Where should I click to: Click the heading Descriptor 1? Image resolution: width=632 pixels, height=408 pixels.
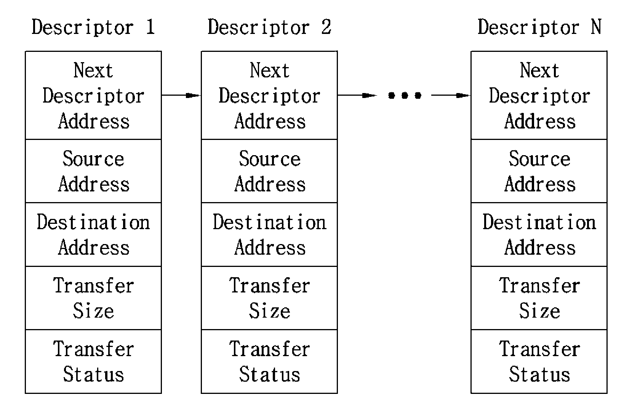click(93, 27)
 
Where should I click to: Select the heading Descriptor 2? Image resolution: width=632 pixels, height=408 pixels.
click(269, 27)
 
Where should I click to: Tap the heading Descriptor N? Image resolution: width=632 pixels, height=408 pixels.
click(539, 27)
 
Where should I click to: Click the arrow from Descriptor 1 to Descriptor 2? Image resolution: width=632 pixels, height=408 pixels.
click(181, 95)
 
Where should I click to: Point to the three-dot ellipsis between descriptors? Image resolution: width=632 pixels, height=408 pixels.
click(405, 95)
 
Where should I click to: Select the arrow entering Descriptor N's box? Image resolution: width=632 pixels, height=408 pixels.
click(451, 95)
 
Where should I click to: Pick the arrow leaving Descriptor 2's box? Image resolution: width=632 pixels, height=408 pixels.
click(357, 95)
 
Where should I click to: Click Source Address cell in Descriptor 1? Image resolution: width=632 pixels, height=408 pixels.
click(93, 171)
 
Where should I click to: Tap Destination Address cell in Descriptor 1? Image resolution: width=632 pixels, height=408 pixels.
click(93, 235)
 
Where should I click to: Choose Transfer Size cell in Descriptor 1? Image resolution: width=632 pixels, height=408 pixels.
click(93, 298)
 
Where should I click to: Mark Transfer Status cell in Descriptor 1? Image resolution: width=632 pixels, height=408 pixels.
click(93, 361)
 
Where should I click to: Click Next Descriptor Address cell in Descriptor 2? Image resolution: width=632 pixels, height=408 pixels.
click(269, 95)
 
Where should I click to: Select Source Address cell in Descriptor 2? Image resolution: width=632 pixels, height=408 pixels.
click(269, 171)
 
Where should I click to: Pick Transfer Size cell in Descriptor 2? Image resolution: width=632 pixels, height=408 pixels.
click(269, 298)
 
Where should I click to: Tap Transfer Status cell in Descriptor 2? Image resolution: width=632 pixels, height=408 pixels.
click(269, 361)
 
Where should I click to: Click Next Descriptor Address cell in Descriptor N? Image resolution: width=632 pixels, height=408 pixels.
click(539, 95)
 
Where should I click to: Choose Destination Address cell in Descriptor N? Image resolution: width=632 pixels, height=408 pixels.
click(539, 235)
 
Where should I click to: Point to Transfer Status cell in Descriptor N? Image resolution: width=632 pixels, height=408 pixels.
click(539, 361)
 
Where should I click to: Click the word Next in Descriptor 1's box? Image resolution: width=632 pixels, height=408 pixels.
click(93, 70)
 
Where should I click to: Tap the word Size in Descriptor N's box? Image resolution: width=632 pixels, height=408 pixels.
click(539, 311)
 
